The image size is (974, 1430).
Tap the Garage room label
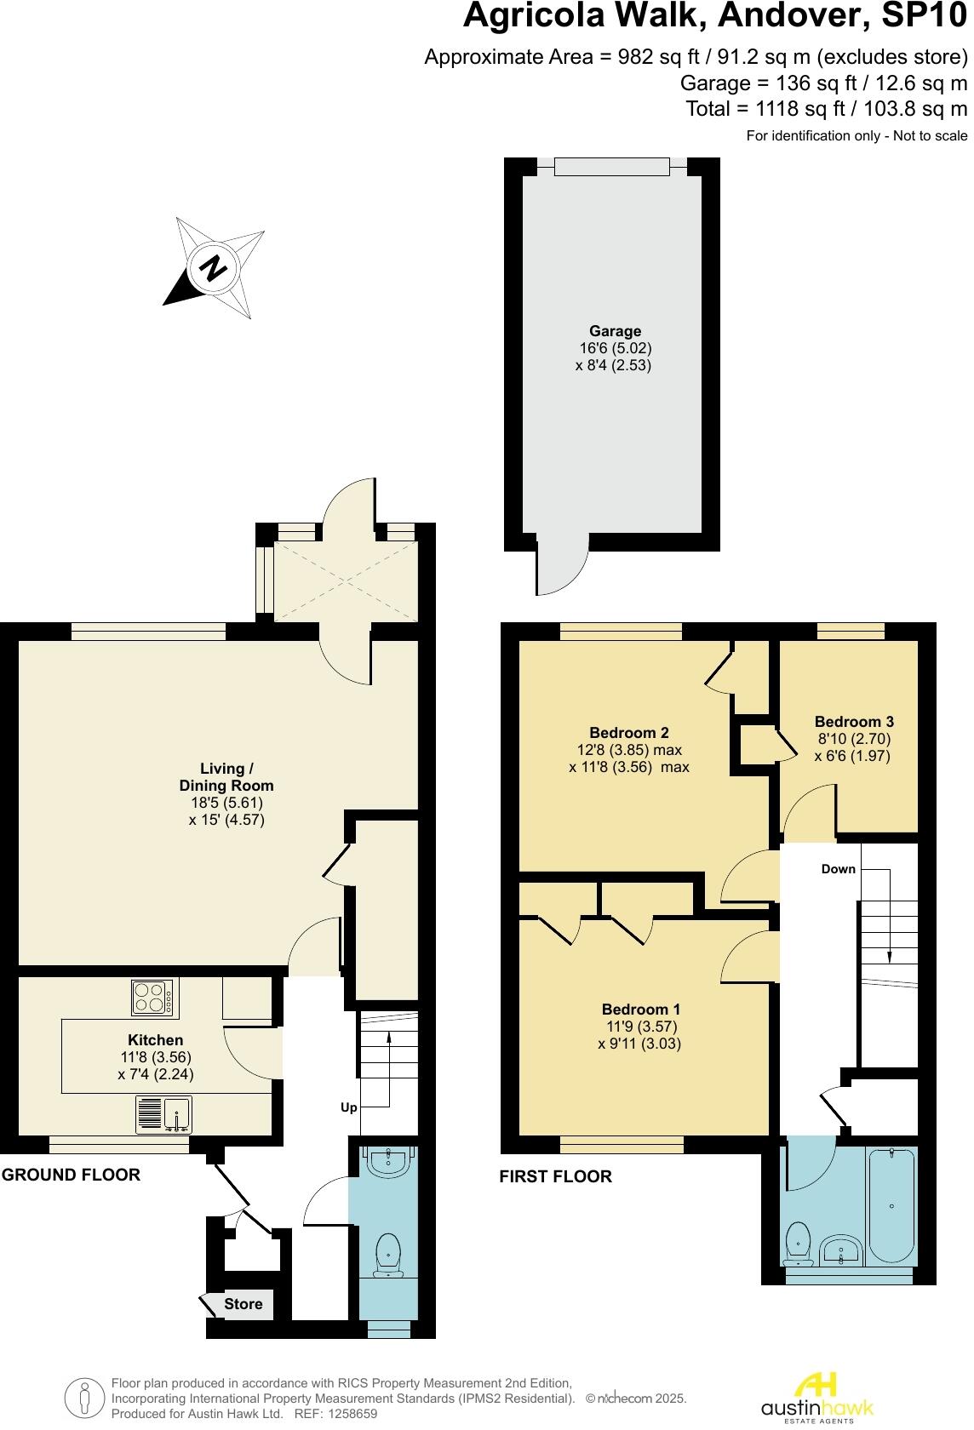click(x=615, y=331)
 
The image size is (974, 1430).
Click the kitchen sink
click(x=164, y=1115)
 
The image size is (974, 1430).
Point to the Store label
click(x=243, y=1304)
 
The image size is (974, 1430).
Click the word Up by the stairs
click(x=349, y=1107)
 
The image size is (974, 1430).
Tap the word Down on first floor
click(x=838, y=869)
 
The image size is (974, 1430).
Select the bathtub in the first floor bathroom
click(x=891, y=1208)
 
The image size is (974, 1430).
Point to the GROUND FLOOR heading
click(x=71, y=1175)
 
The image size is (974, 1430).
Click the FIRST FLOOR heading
click(x=555, y=1176)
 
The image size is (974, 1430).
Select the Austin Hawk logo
click(x=816, y=1395)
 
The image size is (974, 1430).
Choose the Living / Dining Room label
click(x=226, y=777)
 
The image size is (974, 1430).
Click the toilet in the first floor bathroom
click(x=798, y=1244)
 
